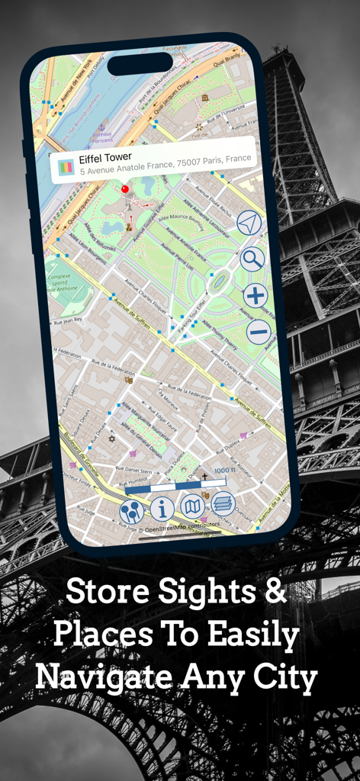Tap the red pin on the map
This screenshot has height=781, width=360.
124,188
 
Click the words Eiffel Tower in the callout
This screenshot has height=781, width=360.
105,157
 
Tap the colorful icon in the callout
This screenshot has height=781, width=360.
66,165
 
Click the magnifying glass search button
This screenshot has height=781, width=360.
252,259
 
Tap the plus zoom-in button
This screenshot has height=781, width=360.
256,295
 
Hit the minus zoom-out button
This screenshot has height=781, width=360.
259,330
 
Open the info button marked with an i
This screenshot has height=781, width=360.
162,509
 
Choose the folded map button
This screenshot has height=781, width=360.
192,506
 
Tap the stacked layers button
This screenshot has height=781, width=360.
223,503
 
